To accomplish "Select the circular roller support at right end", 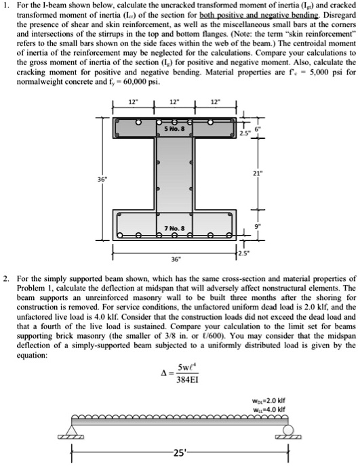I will pyautogui.click(x=288, y=429).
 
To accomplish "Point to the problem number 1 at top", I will pyautogui.click(x=5, y=6).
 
